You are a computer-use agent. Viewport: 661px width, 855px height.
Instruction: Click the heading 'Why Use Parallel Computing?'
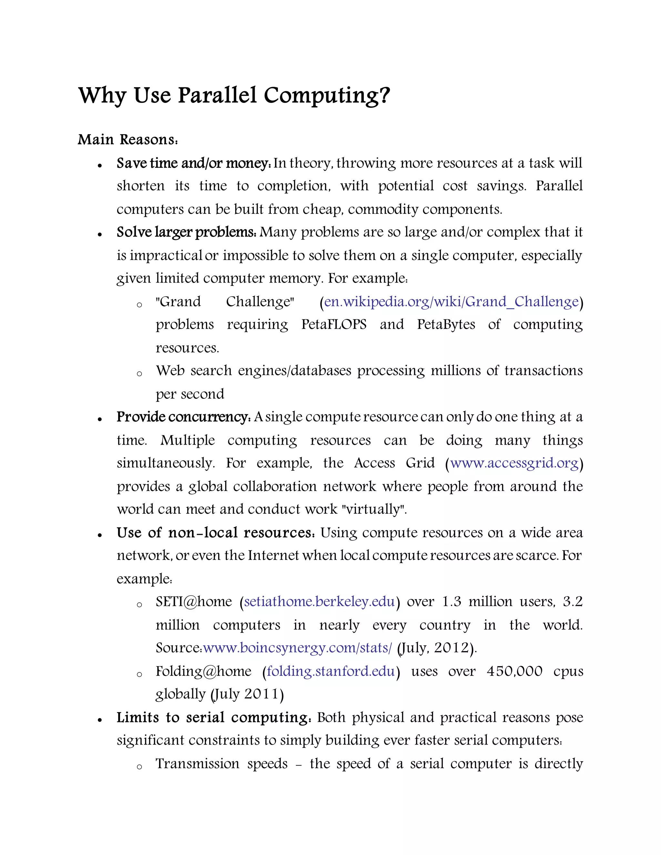click(234, 96)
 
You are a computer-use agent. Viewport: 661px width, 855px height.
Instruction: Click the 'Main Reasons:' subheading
click(128, 140)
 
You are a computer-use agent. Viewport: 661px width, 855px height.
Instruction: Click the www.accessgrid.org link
click(514, 463)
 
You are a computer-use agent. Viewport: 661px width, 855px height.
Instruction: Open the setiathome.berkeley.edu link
click(319, 601)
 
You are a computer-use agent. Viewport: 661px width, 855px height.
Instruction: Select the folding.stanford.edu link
click(330, 671)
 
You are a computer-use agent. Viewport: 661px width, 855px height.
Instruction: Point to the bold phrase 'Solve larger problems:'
click(187, 232)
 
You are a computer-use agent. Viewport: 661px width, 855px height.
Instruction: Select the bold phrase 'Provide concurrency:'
click(184, 417)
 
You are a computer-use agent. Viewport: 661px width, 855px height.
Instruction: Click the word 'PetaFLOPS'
click(334, 325)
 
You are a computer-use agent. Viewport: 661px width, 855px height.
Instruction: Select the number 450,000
click(514, 671)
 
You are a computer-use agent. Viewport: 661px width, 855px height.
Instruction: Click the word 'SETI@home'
click(194, 601)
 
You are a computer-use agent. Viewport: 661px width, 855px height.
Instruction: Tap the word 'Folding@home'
click(204, 671)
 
